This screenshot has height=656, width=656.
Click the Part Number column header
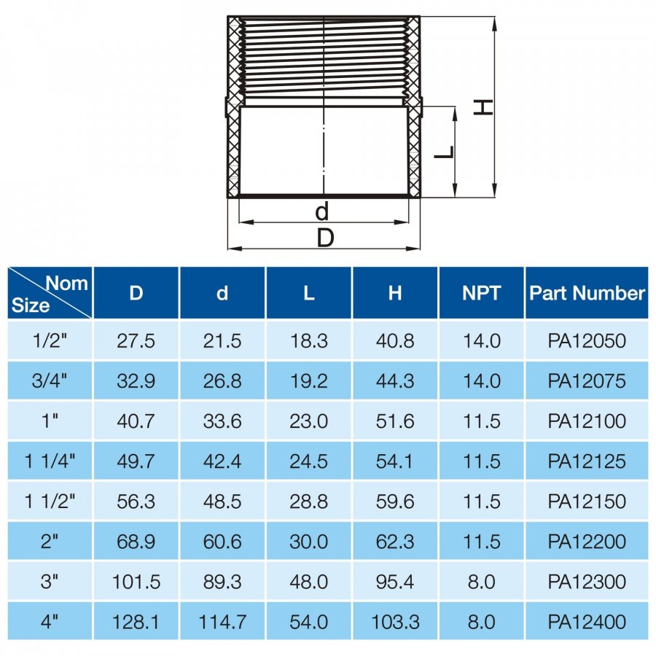[587, 293]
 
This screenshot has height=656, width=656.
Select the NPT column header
[482, 293]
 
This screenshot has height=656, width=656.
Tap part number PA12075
[587, 380]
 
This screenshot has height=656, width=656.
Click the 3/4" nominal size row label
[50, 380]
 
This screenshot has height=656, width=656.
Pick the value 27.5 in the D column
[136, 341]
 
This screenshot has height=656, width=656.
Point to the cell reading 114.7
[222, 622]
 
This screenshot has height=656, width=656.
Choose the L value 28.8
[309, 501]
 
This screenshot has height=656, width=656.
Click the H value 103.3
[395, 622]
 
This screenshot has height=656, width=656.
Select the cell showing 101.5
[136, 582]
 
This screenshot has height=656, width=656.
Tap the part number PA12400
[587, 622]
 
